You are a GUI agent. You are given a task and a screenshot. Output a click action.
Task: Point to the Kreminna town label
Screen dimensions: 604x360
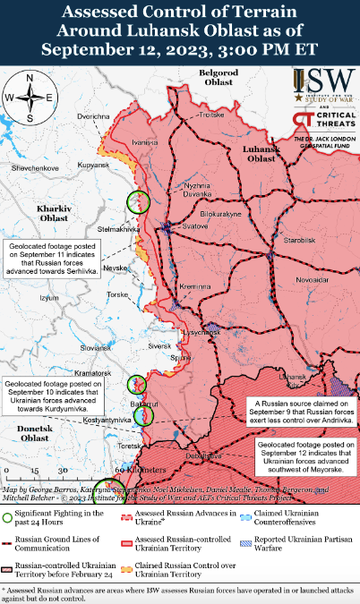tap(193, 285)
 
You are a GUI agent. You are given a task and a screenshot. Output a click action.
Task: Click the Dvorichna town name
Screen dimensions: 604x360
tap(93, 117)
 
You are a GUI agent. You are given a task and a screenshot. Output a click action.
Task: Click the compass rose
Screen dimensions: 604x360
tap(29, 98)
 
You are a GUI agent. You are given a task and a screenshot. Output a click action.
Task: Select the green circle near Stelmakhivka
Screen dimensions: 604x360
tap(138, 202)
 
